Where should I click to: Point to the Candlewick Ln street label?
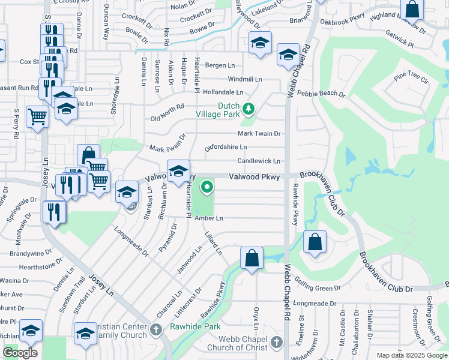coord(259,161)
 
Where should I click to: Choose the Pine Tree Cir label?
coord(411,79)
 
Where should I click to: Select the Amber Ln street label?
coord(209,218)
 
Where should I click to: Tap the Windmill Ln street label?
coord(245,79)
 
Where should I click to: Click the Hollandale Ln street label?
coord(223,92)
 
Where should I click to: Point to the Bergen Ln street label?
coord(220,65)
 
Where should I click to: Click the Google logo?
coord(20,353)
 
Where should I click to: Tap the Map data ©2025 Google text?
coord(411,355)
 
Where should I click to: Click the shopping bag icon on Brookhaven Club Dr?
coord(315,243)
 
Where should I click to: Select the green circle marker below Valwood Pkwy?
coord(207,187)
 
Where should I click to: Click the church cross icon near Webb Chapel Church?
coord(276,343)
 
